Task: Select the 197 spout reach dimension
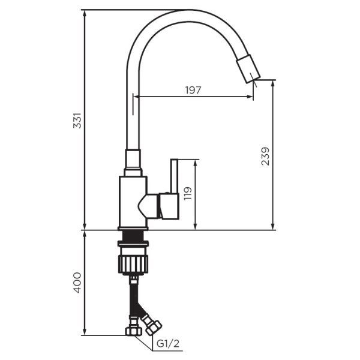coord(193,90)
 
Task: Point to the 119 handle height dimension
coord(188,193)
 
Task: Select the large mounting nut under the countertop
coord(133,263)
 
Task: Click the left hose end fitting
coord(132,331)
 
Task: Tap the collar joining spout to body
coord(133,161)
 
